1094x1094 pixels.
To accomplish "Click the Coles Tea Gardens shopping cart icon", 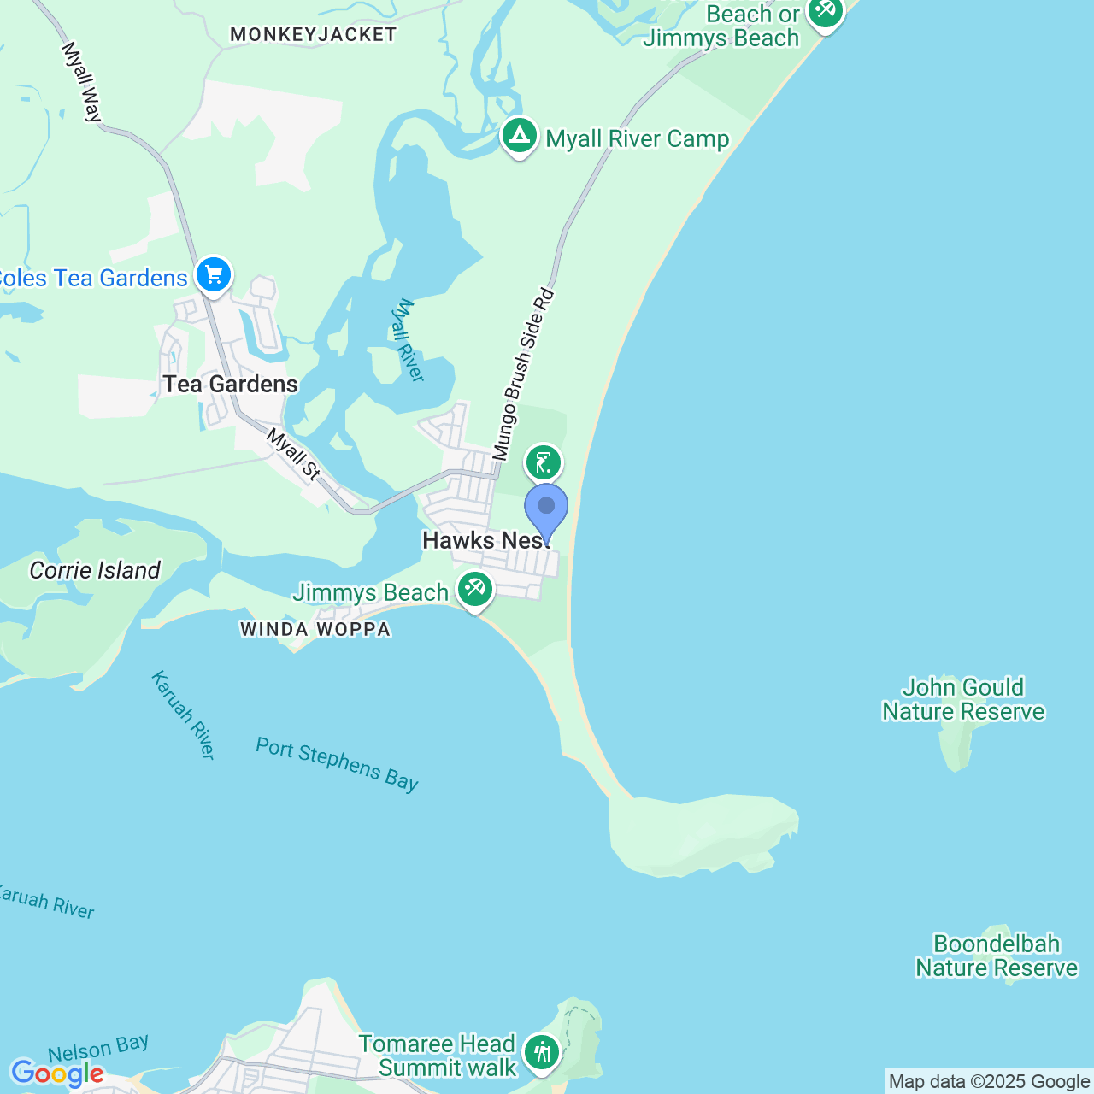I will (214, 275).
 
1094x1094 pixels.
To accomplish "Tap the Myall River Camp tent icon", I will (519, 136).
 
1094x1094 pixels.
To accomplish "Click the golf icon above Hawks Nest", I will (544, 463).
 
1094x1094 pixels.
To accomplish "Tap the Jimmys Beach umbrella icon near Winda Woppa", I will (475, 589).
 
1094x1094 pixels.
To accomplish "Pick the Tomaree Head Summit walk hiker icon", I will (542, 1052).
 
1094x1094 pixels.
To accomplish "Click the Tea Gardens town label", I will (231, 385).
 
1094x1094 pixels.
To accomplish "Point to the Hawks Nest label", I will (485, 540).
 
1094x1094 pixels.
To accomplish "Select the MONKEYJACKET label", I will (314, 34).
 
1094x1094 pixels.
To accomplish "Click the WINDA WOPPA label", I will (315, 630).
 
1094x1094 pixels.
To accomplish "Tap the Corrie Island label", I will (95, 571).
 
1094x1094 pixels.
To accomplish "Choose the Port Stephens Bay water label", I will (337, 765).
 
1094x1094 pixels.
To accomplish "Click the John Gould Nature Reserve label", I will (963, 700).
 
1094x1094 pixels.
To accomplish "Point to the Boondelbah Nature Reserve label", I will (997, 956).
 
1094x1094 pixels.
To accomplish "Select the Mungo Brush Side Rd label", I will (523, 375).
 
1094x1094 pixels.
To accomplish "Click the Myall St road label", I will (293, 454).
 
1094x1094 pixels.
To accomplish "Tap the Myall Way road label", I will (82, 82).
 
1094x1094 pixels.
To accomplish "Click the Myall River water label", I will (407, 340).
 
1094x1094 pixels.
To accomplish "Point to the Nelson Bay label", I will (98, 1048).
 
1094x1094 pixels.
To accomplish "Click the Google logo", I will (57, 1073).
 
